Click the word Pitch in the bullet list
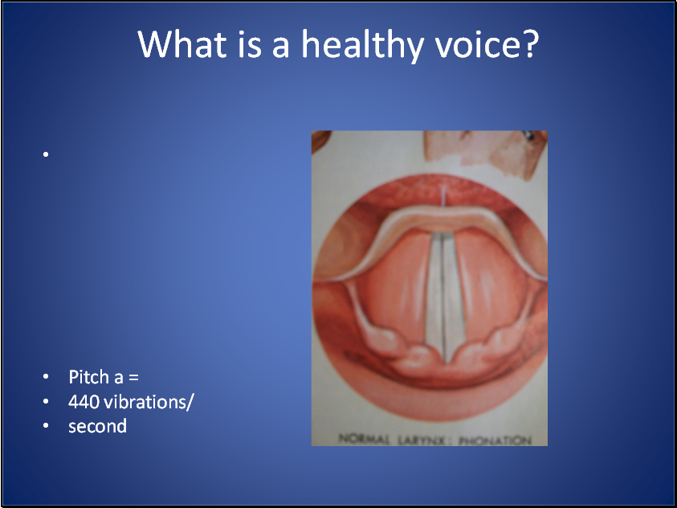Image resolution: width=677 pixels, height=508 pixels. (x=87, y=376)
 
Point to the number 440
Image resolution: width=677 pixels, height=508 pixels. (x=84, y=401)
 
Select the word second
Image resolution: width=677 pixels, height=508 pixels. (x=97, y=426)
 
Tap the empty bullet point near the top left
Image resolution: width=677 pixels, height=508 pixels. (x=47, y=154)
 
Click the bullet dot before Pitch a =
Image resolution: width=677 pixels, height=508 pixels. (x=47, y=377)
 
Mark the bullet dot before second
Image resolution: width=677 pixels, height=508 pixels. (x=47, y=427)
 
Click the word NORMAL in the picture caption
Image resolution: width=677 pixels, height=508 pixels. (x=364, y=440)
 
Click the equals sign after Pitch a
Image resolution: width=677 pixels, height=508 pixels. (x=133, y=377)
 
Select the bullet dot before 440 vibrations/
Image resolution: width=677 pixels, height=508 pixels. (x=47, y=402)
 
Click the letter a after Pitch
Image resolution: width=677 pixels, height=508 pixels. (x=117, y=377)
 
